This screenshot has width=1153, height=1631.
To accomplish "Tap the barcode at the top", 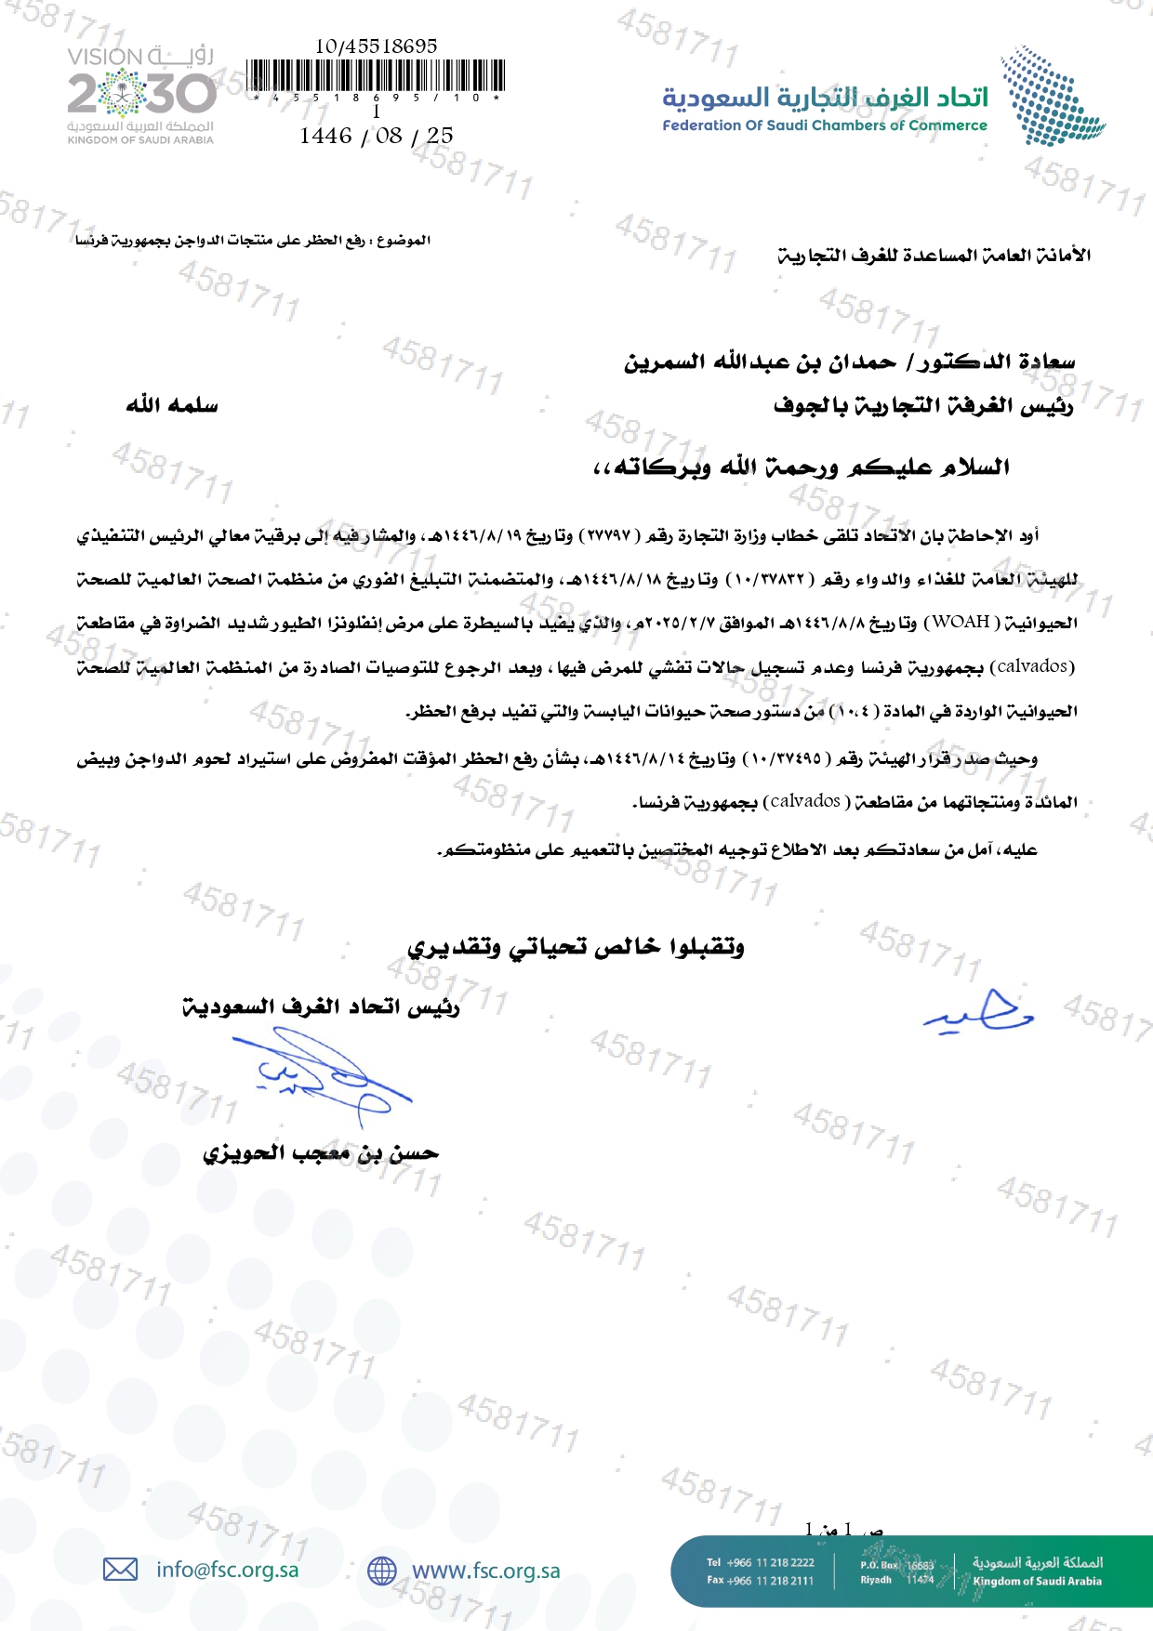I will pos(377,75).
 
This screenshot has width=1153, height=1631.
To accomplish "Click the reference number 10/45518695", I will pos(376,46).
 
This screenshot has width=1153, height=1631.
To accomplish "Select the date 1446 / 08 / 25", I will pos(376,136).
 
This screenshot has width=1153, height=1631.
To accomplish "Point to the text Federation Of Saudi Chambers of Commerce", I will pos(824,125).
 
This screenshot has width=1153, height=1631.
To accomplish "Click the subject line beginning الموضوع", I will pos(253,241).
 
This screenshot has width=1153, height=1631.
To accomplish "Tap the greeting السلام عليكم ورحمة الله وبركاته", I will pos(801,467).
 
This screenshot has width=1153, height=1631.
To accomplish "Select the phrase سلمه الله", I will pos(172,405).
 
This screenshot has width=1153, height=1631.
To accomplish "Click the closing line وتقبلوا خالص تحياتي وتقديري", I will pos(576,947).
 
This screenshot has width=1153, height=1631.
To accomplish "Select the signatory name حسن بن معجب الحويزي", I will pos(321,1153).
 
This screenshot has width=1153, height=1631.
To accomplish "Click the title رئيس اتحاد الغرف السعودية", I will pos(321,1007).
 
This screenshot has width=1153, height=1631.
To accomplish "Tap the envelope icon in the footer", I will pos(120,1570).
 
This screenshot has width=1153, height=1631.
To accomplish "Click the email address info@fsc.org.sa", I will pos(228,1570).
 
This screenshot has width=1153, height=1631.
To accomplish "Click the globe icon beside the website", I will pos(382,1571).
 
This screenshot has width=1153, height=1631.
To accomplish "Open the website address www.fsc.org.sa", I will pos(485,1571).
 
